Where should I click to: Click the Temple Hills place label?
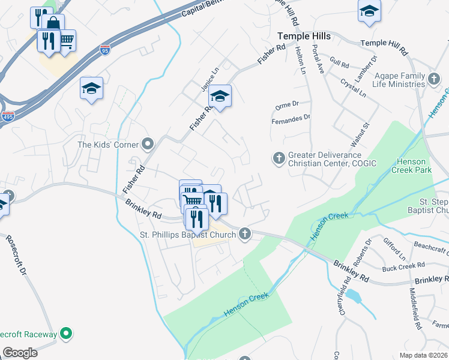[x=304, y=37]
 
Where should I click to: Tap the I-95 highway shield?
[x=105, y=50]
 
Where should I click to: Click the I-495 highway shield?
[x=8, y=116]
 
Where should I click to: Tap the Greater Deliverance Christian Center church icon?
[x=279, y=158]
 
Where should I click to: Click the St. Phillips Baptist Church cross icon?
[x=245, y=234]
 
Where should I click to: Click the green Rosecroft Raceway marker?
[x=67, y=334]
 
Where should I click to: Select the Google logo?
[x=20, y=353]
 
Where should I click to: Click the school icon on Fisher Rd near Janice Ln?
[x=220, y=96]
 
